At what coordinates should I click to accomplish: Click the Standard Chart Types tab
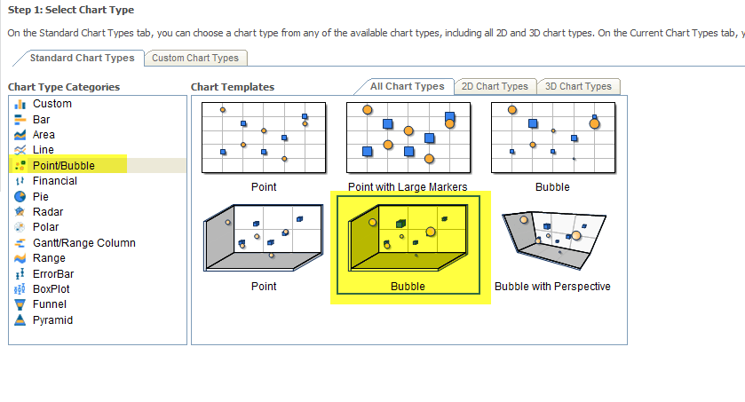82,58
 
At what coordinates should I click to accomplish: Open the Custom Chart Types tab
195,58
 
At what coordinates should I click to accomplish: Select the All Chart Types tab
407,86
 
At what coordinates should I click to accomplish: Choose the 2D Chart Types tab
495,86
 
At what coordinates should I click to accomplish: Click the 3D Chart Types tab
578,86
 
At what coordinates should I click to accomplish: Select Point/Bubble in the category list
63,165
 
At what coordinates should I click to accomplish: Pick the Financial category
54,181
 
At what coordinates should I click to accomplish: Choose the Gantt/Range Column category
83,243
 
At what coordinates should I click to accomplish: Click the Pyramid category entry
52,320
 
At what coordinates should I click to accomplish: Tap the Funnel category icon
20,305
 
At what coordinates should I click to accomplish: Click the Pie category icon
20,196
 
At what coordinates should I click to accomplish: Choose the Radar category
48,212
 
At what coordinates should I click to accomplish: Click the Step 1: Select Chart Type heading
71,10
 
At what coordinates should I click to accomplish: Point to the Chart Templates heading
233,87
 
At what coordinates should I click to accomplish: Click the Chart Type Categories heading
64,87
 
